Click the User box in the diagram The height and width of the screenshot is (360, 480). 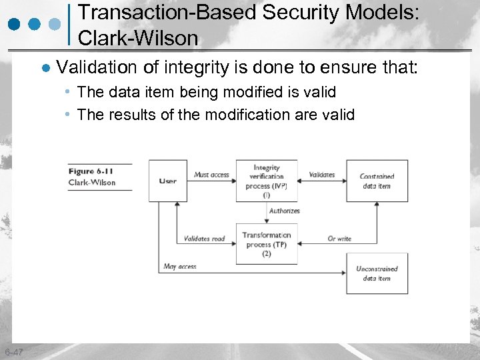[167, 181]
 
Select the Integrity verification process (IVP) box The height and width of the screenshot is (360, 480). [267, 181]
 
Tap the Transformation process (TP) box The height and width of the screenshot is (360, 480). [267, 244]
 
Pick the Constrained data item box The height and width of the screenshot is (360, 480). [376, 181]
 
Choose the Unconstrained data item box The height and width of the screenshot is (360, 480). [376, 273]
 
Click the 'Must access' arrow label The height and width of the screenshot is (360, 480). [211, 175]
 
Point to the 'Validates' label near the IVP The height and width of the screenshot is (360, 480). [322, 175]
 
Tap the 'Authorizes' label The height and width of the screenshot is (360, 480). [285, 211]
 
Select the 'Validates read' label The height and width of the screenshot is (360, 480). [205, 239]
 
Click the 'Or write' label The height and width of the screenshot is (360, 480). [339, 239]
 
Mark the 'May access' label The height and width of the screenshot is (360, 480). [180, 267]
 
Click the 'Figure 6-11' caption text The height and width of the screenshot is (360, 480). [91, 171]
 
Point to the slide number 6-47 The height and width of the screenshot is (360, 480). [13, 352]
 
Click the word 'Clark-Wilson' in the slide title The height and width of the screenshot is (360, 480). [138, 38]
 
